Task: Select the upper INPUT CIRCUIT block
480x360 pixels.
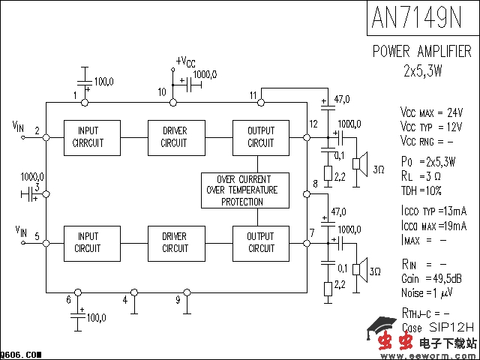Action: coord(88,136)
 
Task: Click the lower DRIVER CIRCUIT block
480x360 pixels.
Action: coord(175,242)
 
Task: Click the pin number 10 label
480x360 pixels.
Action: coord(162,91)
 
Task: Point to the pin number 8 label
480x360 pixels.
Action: coord(315,184)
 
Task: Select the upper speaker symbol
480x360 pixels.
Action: coord(361,163)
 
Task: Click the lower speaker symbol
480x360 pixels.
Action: coord(361,268)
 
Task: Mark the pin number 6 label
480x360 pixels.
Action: coord(68,300)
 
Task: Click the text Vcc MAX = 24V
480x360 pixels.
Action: coord(431,111)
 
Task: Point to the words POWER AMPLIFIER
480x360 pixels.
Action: coord(422,52)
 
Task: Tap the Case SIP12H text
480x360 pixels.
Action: coord(438,327)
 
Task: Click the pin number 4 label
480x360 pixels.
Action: coord(125,300)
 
